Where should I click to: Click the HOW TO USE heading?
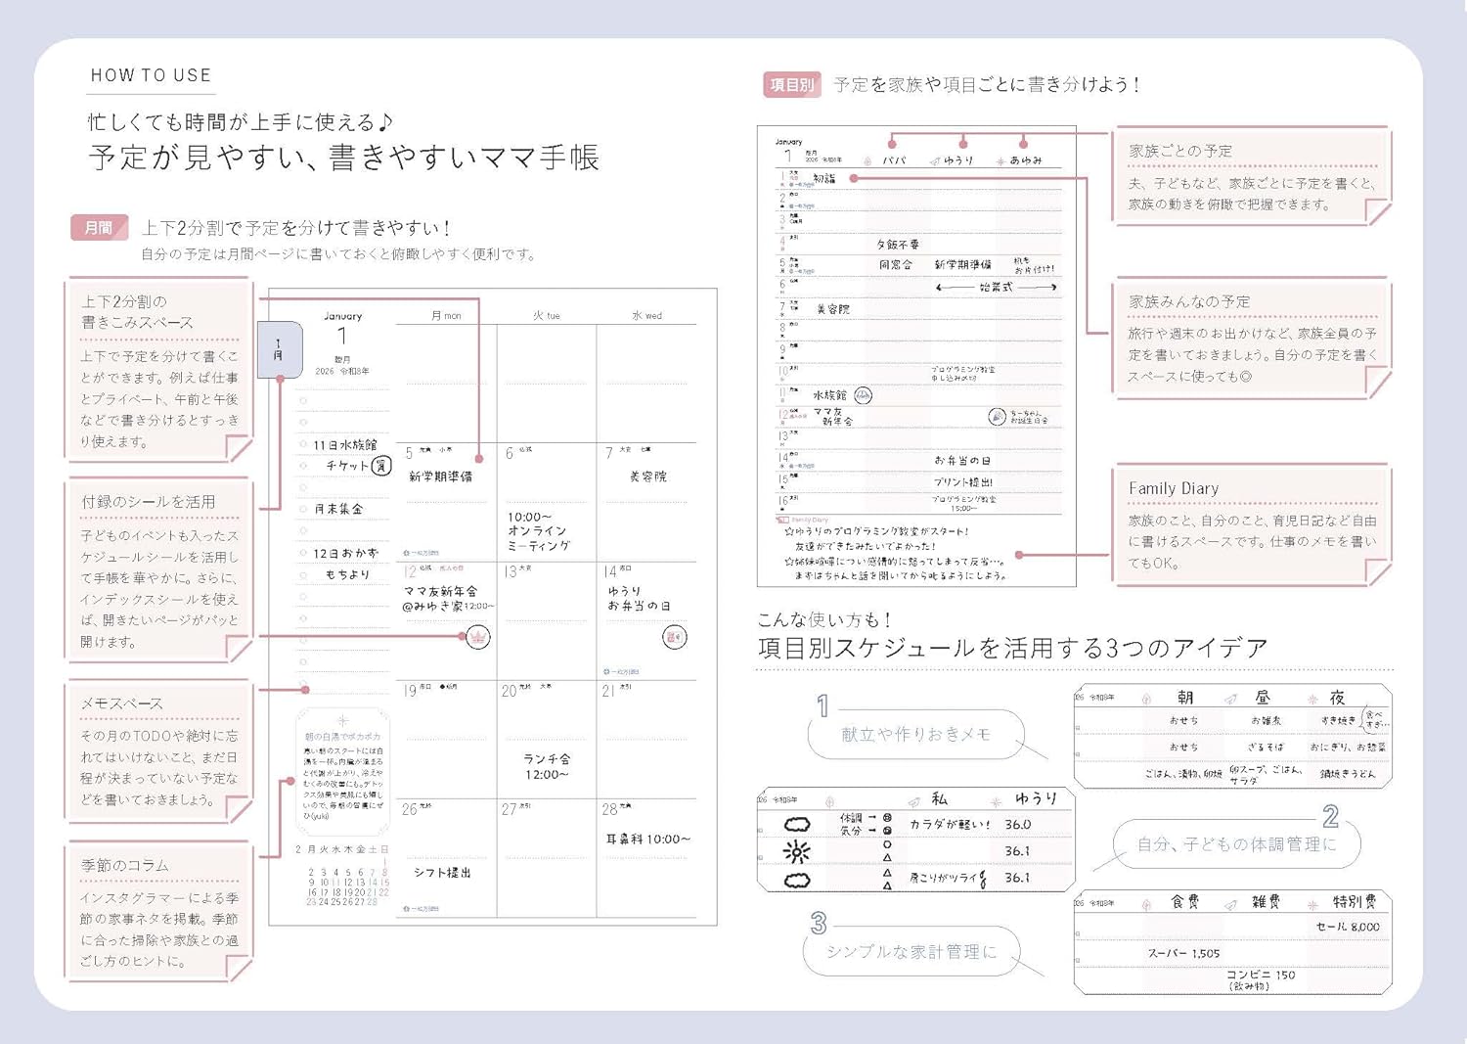(x=151, y=75)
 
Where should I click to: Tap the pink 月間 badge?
(x=99, y=228)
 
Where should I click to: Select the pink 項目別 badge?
(x=791, y=85)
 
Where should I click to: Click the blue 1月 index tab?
(x=280, y=349)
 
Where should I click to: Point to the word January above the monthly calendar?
(x=342, y=316)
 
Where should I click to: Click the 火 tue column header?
(x=546, y=316)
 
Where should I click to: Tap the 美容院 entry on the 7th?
(x=647, y=477)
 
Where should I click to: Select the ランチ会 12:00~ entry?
(x=546, y=766)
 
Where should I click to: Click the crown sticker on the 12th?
(x=477, y=637)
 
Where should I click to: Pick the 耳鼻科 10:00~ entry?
(x=647, y=839)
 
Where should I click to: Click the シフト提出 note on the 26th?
(x=442, y=872)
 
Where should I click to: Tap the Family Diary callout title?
(x=1173, y=488)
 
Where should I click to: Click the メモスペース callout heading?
(x=122, y=704)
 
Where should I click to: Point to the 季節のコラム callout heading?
(x=125, y=865)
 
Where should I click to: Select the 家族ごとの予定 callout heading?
(x=1180, y=151)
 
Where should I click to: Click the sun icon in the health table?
(x=797, y=852)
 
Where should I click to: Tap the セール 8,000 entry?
(x=1347, y=927)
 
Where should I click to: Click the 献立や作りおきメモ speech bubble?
(x=915, y=734)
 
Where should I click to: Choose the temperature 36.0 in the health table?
(x=1017, y=825)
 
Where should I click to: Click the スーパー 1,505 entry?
(x=1182, y=953)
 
